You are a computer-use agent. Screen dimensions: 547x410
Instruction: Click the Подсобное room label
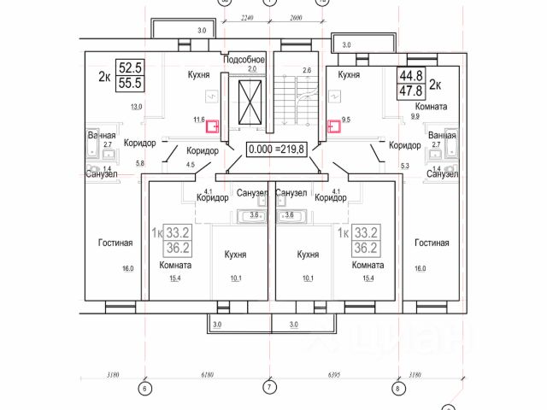(x=244, y=60)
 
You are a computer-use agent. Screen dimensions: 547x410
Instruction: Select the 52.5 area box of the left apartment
(x=131, y=67)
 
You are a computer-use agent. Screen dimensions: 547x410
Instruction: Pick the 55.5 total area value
(x=131, y=83)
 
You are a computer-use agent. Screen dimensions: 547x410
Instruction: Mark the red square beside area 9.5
(x=336, y=127)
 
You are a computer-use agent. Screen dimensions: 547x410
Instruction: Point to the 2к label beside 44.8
(x=434, y=84)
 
